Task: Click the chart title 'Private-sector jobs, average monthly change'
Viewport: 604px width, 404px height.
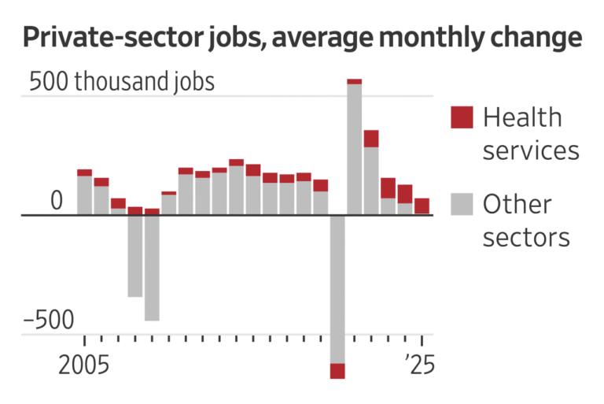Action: (x=302, y=38)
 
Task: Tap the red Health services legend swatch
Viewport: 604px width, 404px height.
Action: (x=462, y=117)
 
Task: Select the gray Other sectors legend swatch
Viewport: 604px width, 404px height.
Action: (x=462, y=204)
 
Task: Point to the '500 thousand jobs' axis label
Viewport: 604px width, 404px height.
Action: (x=122, y=82)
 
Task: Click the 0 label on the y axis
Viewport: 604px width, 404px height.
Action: (x=56, y=202)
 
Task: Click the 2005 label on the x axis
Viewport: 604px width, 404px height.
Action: (x=83, y=366)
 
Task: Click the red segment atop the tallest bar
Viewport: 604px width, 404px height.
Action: (x=354, y=81)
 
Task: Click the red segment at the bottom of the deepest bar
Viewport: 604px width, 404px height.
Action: (x=337, y=371)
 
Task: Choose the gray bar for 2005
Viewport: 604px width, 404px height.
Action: (x=84, y=195)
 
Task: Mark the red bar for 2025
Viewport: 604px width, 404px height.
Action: (x=422, y=206)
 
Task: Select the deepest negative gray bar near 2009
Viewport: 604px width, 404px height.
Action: (x=152, y=268)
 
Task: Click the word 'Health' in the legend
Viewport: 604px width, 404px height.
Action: (x=522, y=118)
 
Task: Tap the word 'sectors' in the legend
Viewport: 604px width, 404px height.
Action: (x=525, y=237)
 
